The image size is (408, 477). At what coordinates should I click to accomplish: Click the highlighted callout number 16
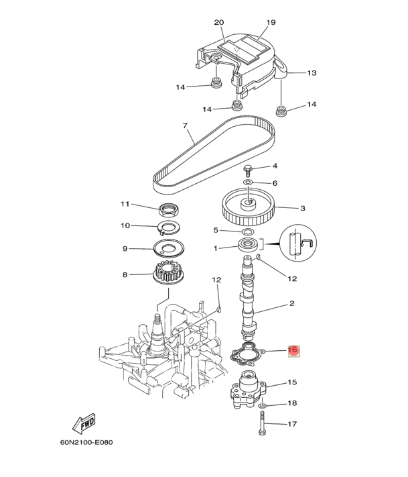292,350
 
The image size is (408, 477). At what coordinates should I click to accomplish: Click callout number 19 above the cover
271,23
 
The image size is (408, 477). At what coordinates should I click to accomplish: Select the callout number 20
218,23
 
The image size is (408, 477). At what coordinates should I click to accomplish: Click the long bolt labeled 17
261,425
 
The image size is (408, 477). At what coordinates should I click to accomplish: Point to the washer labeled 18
261,406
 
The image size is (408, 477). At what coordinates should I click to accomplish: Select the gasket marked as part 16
247,353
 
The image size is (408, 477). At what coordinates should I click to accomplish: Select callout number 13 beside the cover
312,72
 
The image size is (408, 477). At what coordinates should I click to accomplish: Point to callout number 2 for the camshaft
292,304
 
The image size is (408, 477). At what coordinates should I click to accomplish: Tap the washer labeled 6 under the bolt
248,182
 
